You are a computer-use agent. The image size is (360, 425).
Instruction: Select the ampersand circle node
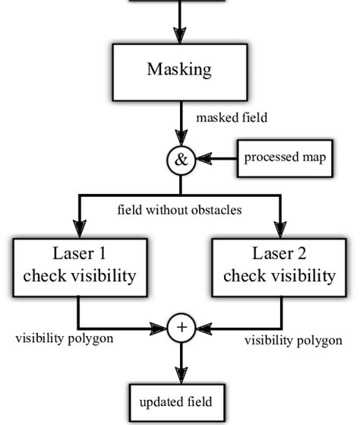[181, 160]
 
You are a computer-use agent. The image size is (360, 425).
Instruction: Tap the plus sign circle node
[181, 328]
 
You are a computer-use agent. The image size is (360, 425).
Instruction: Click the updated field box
[180, 399]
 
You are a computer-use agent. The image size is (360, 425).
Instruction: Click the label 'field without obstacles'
[180, 210]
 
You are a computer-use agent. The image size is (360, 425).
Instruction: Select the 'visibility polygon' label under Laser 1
[65, 337]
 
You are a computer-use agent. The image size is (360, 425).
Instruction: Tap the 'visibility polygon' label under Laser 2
[292, 340]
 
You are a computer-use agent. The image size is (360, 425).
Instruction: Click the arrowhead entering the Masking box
[180, 35]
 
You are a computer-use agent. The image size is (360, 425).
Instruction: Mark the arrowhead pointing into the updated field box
[180, 376]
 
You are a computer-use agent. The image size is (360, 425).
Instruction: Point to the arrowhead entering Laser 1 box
[79, 229]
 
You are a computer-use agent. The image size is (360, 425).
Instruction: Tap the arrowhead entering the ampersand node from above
[181, 141]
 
